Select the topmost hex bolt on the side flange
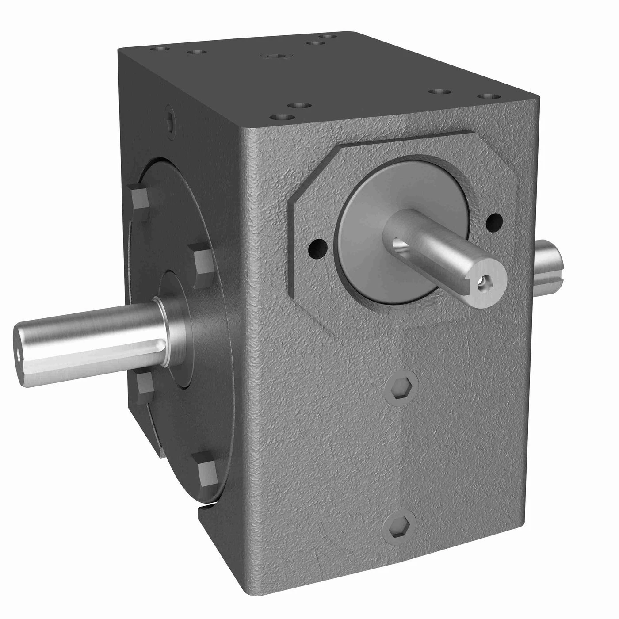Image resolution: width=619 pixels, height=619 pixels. [139, 198]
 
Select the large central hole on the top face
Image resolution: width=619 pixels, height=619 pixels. [275, 56]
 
